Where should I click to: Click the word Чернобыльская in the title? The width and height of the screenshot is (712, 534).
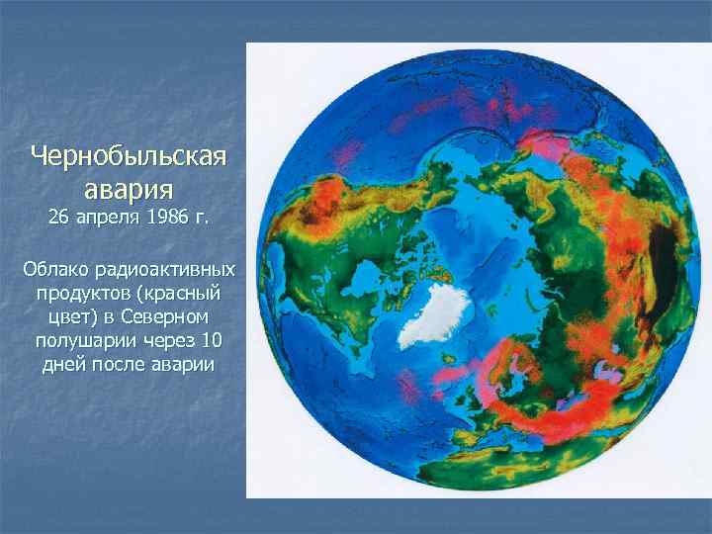[x=129, y=156]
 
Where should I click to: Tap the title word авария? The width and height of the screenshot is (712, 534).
[x=129, y=187]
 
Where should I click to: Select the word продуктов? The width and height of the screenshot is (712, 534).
[x=83, y=294]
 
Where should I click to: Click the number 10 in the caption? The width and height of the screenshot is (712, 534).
[x=214, y=341]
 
